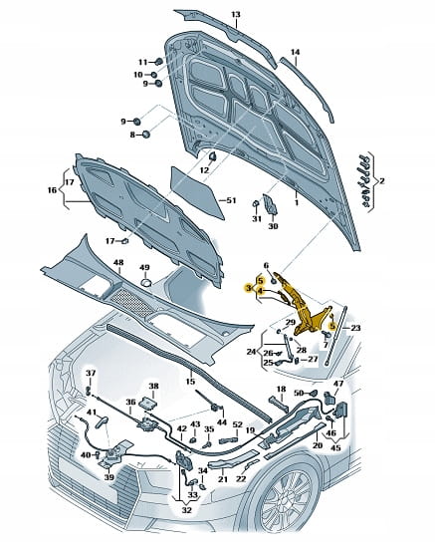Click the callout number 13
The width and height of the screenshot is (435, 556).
[236, 15]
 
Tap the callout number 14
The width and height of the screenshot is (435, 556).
[295, 52]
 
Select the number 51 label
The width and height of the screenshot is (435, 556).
[231, 200]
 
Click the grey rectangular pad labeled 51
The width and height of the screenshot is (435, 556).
[198, 192]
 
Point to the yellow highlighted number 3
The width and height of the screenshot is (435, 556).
[250, 288]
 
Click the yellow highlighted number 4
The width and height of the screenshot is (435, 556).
[261, 291]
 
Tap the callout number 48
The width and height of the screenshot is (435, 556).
[118, 263]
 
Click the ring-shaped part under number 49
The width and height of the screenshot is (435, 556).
[146, 283]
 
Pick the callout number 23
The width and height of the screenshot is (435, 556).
[355, 328]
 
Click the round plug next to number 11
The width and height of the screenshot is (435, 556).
[158, 62]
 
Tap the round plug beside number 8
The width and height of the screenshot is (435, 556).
[145, 135]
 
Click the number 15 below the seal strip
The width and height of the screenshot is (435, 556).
[190, 382]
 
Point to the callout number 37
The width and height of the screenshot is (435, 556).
[91, 373]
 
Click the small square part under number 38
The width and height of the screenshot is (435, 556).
[148, 403]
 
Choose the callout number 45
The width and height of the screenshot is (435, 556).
[335, 447]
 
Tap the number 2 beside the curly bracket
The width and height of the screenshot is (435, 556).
[381, 181]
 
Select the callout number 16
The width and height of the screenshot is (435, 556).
[52, 190]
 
